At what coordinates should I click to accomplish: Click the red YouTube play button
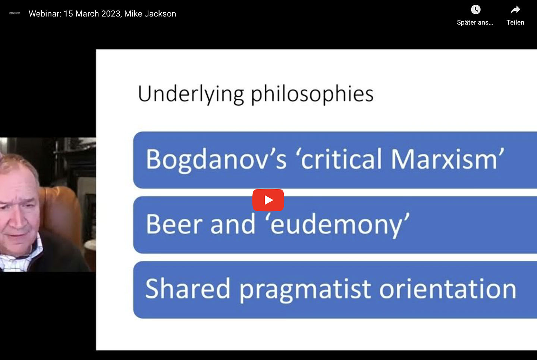click(268, 200)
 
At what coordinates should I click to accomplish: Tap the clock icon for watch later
click(475, 10)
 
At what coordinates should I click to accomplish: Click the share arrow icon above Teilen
click(515, 10)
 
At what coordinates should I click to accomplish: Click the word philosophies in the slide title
click(312, 94)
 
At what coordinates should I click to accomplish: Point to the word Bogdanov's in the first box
click(216, 159)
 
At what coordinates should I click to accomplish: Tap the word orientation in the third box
click(448, 289)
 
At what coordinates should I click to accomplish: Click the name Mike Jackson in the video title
click(150, 14)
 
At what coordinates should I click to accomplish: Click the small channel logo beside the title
click(15, 13)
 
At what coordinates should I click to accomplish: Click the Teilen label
click(515, 22)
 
